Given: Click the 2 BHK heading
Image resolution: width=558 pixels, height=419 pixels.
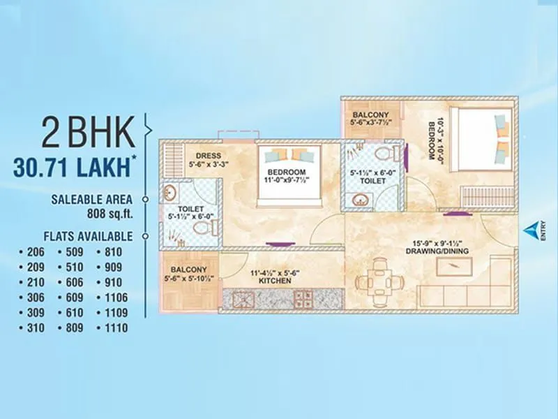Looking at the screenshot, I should pos(87,133).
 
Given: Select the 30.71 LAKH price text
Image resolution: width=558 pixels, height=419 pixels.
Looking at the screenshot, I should pos(74,167).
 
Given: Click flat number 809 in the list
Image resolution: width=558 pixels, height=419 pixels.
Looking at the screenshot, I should pos(72,328).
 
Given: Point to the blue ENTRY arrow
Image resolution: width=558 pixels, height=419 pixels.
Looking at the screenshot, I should pos(533,229).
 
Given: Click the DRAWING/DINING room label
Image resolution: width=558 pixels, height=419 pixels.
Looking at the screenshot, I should pos(438,251).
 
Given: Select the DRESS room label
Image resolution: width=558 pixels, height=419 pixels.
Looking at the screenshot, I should pos(209,156).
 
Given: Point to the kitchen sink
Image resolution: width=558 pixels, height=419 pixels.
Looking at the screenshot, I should pos(303,300).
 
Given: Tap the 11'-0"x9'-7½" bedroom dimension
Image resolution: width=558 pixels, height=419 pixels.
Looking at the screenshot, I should pos(287,180).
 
